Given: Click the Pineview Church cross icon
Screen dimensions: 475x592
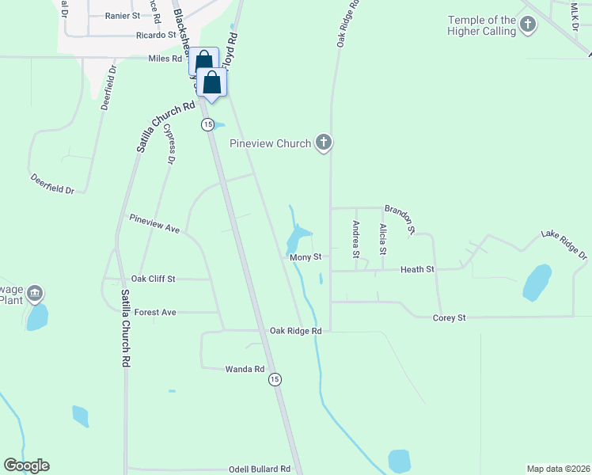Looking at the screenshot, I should click(323, 143).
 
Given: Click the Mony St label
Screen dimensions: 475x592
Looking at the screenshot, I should click(305, 257).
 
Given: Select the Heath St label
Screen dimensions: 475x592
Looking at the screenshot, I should click(417, 270).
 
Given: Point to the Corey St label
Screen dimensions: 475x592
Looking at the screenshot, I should click(449, 317).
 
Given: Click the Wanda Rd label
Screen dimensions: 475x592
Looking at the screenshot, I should click(245, 370).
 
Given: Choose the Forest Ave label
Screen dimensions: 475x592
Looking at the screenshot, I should click(155, 313).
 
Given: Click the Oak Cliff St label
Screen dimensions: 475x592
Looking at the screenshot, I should click(153, 279).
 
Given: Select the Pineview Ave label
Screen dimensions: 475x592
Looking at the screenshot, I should click(155, 222).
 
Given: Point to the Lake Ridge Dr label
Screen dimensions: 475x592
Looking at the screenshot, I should click(564, 245).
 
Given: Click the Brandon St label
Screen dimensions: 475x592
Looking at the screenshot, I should click(400, 219).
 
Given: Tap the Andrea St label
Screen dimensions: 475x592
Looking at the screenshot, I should click(356, 239).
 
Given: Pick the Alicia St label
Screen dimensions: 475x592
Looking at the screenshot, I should click(383, 239).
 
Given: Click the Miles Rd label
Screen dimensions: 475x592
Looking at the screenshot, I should click(165, 58).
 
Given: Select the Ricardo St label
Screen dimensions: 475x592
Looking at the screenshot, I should click(155, 35).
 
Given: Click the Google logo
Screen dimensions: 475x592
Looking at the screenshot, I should click(26, 465).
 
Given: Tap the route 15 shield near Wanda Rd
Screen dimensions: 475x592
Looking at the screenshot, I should click(275, 380).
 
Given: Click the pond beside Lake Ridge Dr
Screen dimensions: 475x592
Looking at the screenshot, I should click(537, 282).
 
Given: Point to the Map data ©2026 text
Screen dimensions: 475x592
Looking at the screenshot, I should click(557, 469).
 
